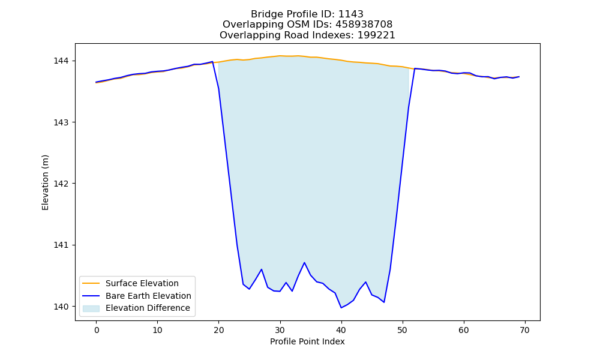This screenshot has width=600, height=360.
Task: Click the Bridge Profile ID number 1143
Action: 351,14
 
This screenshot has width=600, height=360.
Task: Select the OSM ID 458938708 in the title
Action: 364,25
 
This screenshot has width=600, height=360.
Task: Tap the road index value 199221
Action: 376,35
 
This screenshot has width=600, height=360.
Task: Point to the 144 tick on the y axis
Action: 61,61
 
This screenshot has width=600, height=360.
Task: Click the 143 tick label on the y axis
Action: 61,122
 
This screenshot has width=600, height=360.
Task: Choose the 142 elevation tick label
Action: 61,184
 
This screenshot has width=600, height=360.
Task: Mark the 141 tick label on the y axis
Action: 61,245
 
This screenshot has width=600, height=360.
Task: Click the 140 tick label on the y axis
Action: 61,307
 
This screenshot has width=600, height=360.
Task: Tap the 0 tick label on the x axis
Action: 97,330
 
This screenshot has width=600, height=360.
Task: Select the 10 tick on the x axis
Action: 158,330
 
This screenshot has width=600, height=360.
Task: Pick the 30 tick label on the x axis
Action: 280,330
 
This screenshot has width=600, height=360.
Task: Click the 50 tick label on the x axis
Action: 403,330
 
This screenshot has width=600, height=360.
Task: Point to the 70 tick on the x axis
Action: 525,330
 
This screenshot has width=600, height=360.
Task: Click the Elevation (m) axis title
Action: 45,182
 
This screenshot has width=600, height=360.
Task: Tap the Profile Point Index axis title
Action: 307,341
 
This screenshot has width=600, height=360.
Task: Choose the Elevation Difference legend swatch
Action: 91,308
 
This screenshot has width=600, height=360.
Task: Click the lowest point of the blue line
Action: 341,308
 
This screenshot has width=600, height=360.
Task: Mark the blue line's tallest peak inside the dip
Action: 304,262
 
